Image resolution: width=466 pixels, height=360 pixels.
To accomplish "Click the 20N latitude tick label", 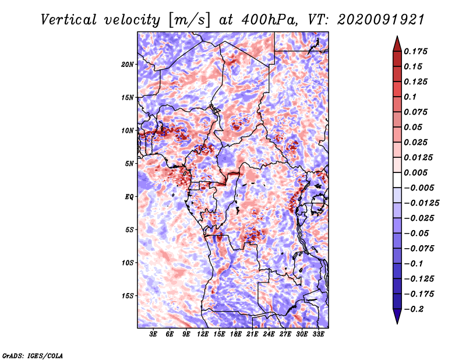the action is (x=128, y=65).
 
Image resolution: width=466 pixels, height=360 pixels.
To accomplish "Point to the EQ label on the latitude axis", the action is (x=129, y=197).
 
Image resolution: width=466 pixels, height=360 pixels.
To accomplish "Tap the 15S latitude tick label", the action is (x=128, y=296).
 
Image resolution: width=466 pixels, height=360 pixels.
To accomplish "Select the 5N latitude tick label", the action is (x=129, y=164).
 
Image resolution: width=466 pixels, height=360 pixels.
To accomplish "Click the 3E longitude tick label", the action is (x=153, y=334).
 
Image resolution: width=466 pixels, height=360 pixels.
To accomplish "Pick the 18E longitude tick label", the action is (x=236, y=334).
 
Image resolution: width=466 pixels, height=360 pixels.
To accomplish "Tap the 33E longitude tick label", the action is (x=318, y=334).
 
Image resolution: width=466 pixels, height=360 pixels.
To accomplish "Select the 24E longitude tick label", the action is (x=269, y=334).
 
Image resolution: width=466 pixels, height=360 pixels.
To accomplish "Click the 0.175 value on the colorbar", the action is (x=415, y=52).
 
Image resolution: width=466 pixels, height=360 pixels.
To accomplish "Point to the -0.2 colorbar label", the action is (x=414, y=309).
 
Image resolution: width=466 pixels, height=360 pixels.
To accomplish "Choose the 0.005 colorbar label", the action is (x=415, y=172).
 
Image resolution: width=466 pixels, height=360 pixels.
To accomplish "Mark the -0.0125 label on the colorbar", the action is (x=421, y=203).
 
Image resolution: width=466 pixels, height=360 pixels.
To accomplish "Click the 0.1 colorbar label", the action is (x=410, y=97).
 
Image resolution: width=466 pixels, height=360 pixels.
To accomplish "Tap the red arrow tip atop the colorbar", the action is (x=397, y=37).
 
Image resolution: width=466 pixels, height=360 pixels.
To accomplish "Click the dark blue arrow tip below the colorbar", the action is (x=397, y=323).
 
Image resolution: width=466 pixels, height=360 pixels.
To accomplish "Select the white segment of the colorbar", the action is (x=397, y=180).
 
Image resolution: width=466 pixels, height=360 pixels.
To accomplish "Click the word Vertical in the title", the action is (x=69, y=20).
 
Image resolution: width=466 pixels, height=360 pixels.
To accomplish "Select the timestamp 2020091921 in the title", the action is (x=381, y=20).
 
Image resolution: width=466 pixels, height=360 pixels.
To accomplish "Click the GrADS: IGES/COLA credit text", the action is (x=33, y=355).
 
